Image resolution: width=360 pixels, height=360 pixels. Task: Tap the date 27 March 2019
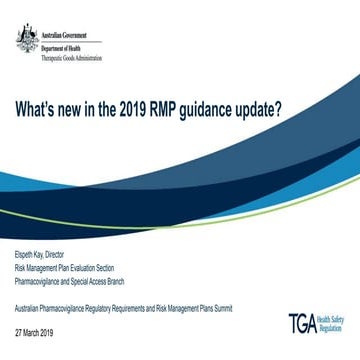coord(37,301)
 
